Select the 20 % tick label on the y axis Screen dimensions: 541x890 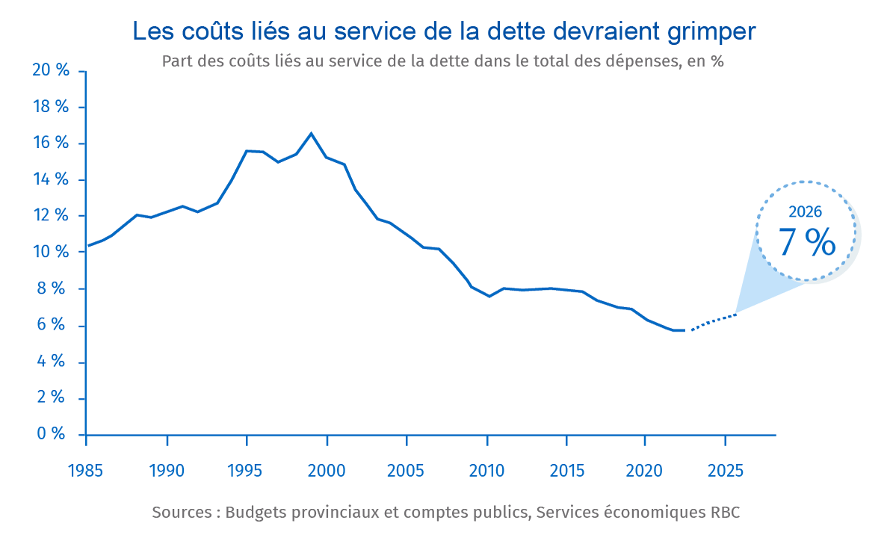[51, 70]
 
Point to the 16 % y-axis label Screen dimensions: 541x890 [51, 143]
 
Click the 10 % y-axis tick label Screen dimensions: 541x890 [51, 253]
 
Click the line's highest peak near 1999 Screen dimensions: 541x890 [311, 134]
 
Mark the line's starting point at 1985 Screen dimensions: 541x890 [88, 245]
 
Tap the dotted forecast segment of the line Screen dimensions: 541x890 [714, 321]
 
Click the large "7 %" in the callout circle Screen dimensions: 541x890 [806, 242]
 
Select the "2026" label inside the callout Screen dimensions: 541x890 [806, 212]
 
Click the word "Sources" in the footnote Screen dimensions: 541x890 [182, 513]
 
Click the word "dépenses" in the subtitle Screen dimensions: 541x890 [643, 61]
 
